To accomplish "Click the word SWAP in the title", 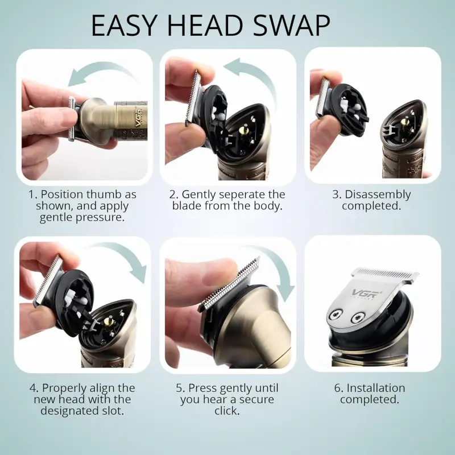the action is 292,25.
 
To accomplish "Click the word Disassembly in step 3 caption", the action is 378,195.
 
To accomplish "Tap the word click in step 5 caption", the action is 227,411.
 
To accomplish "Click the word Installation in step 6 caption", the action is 376,388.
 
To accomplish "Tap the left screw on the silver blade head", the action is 336,315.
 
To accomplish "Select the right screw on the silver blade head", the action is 358,318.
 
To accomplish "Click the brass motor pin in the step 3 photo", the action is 403,121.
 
